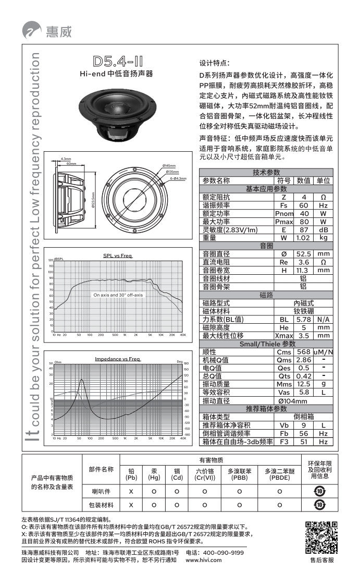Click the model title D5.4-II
116,60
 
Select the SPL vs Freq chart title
117,255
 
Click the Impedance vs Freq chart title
117,359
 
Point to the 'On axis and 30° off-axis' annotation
118,295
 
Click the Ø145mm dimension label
169,165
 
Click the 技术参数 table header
266,173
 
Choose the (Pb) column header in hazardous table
131,478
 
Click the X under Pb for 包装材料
131,505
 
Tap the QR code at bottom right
321,537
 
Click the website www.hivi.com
207,560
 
